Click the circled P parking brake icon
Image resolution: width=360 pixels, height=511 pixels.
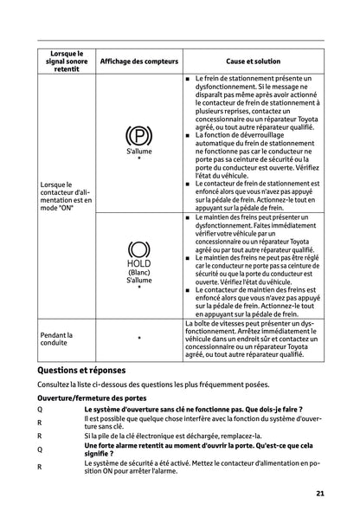(138, 136)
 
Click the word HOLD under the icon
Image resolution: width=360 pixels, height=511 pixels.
(138, 264)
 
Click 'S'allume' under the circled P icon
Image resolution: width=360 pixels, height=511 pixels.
(138, 151)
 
